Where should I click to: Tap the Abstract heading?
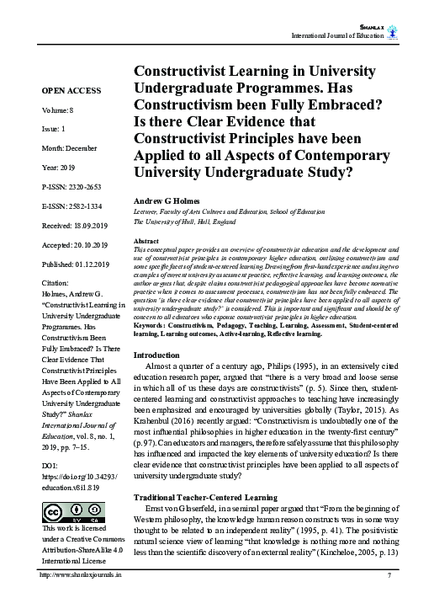point(147,241)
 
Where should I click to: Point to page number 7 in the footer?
point(389,599)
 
